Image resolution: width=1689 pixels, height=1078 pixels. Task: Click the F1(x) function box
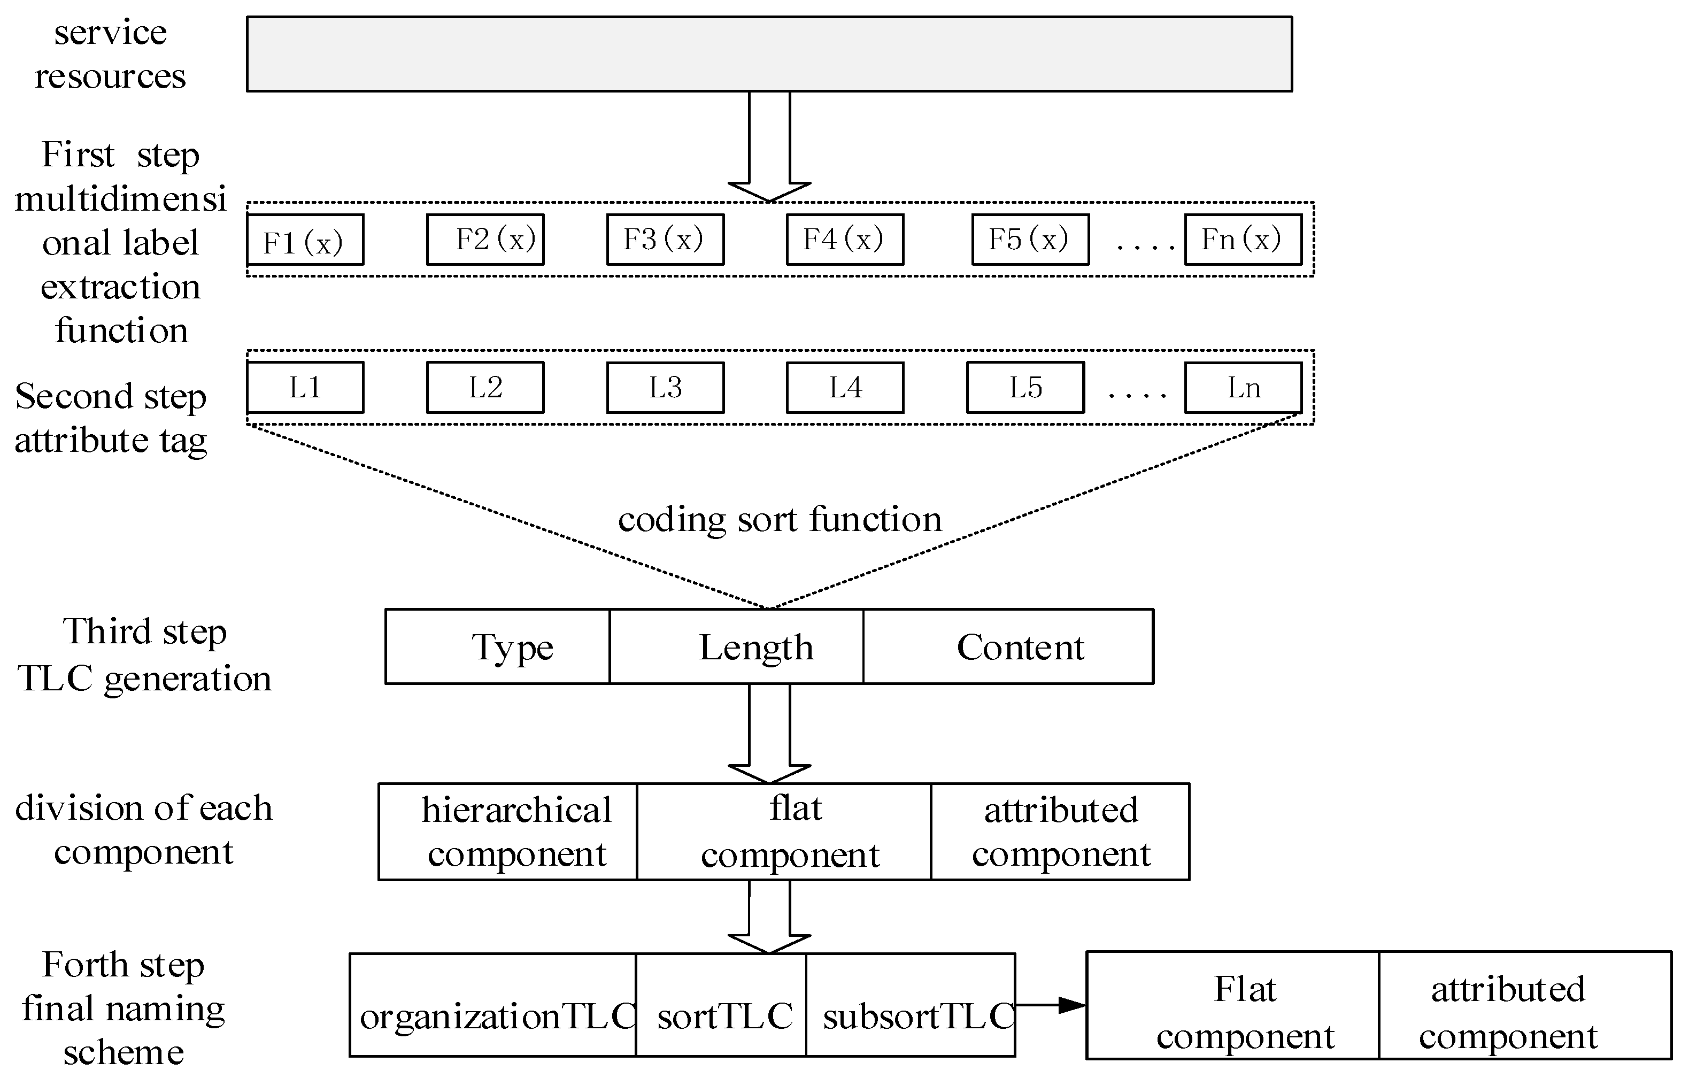click(305, 240)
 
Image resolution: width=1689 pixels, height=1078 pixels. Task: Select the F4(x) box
click(845, 240)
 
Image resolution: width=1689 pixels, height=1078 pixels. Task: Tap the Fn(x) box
click(1243, 240)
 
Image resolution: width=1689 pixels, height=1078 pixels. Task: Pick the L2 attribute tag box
click(485, 387)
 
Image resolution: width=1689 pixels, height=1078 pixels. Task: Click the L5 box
click(1025, 387)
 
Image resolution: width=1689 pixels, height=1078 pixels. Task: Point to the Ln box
click(1243, 387)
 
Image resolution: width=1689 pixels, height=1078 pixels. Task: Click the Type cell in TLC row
click(498, 646)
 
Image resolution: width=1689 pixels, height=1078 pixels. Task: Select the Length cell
click(736, 646)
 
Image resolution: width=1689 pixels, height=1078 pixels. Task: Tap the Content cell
click(1008, 646)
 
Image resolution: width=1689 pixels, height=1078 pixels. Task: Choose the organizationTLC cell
click(493, 1005)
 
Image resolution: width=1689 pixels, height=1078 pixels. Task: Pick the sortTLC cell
click(721, 1005)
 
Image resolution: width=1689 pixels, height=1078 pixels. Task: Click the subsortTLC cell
click(911, 1005)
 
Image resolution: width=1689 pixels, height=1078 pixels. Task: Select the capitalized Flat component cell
click(1232, 1006)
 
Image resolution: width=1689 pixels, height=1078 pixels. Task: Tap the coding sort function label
click(779, 520)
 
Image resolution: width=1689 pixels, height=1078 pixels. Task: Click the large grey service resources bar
click(769, 54)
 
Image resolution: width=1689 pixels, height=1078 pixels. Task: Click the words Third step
click(144, 631)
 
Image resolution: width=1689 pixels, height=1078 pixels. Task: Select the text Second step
click(111, 397)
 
